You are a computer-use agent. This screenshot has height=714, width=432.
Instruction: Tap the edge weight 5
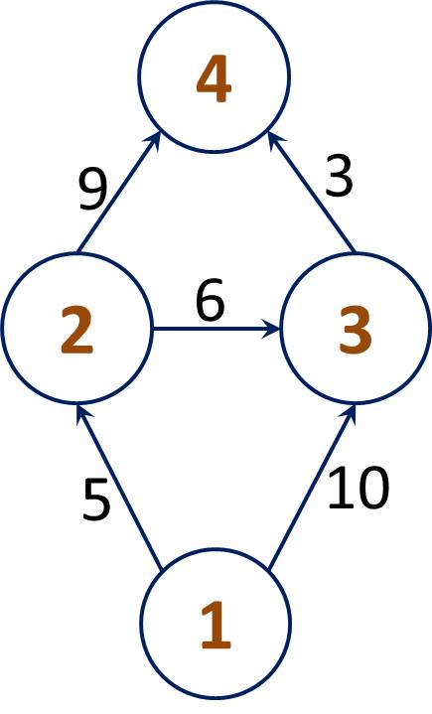(96, 500)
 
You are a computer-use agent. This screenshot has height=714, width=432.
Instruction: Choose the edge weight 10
(359, 489)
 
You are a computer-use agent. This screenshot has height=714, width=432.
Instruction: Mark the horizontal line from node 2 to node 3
(216, 329)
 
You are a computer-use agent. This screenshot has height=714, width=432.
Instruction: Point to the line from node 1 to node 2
(119, 487)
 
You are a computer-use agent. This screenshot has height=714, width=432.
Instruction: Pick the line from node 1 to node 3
(312, 487)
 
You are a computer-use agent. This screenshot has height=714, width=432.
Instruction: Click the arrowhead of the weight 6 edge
(271, 329)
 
